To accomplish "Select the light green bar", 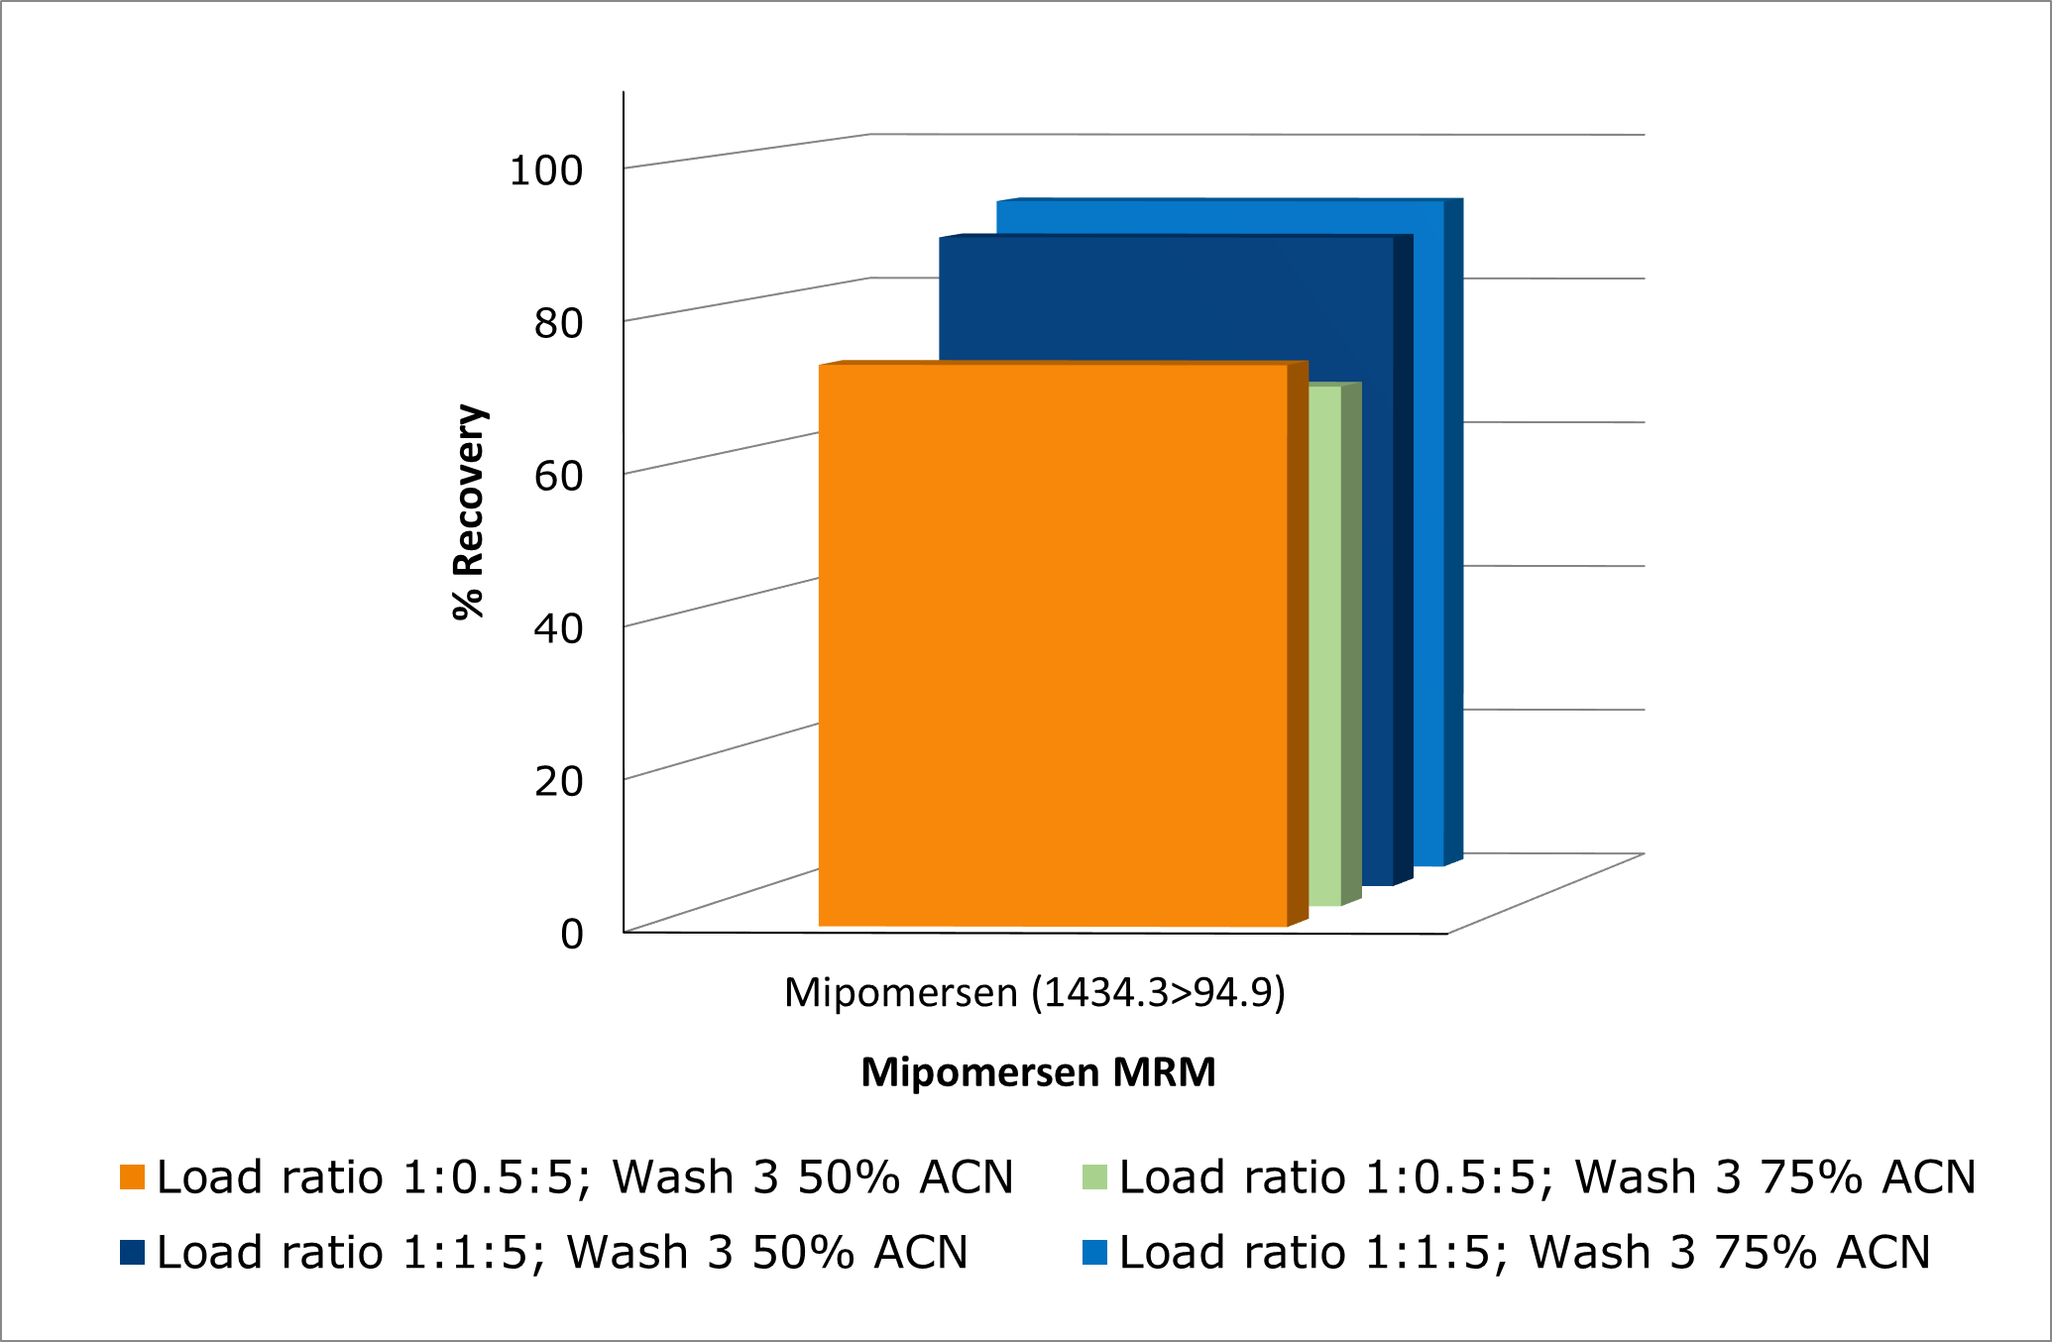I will (1325, 644).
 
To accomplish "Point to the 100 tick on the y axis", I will (545, 170).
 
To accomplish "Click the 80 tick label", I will (558, 323).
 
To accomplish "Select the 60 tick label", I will (558, 476).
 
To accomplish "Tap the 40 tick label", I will (558, 628).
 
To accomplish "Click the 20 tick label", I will (558, 781).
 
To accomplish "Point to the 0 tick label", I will (572, 934).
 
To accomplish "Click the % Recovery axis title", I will (468, 511).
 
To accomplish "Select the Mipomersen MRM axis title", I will (1038, 1072).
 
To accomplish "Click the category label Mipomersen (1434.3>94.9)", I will (1034, 992).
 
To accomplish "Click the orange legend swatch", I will (132, 1176).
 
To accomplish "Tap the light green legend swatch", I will (1094, 1176).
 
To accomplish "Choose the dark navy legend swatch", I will (132, 1252).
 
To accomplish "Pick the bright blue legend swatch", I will (1094, 1252).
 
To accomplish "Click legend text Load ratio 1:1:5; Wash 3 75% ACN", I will (1525, 1252).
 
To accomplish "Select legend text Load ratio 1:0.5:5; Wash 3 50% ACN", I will (585, 1176).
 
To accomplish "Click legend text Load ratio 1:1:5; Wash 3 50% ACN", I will (562, 1252).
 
